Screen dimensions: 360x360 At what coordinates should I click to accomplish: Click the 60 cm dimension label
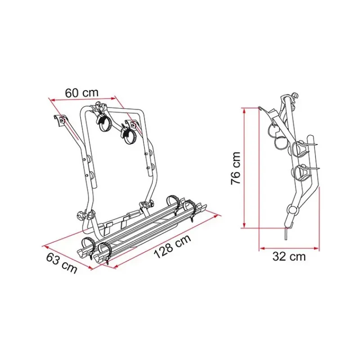[x=81, y=93]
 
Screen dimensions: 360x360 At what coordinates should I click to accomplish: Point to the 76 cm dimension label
[x=236, y=168]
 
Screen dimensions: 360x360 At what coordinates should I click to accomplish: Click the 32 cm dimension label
[x=289, y=256]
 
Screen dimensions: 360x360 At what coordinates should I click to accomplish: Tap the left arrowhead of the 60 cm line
[x=52, y=100]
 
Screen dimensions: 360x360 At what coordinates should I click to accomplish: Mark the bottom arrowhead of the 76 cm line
[x=244, y=226]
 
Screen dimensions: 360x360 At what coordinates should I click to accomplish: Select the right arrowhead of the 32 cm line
[x=317, y=248]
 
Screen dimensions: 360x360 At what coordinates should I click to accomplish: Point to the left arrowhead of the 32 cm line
[x=262, y=248]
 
